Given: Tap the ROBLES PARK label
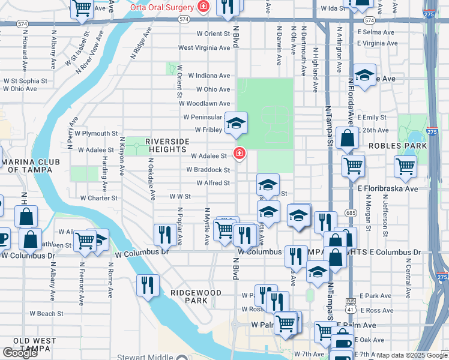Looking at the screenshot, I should [x=397, y=146].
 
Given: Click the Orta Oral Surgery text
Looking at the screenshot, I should [x=162, y=7].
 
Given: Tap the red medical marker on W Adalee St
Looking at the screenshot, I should [x=239, y=154].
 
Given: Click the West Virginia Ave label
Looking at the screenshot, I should [x=204, y=48].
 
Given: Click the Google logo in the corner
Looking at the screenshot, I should [x=20, y=353].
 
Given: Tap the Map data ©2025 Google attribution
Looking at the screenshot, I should [x=412, y=355].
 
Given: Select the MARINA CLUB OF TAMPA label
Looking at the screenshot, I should [x=29, y=166].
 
